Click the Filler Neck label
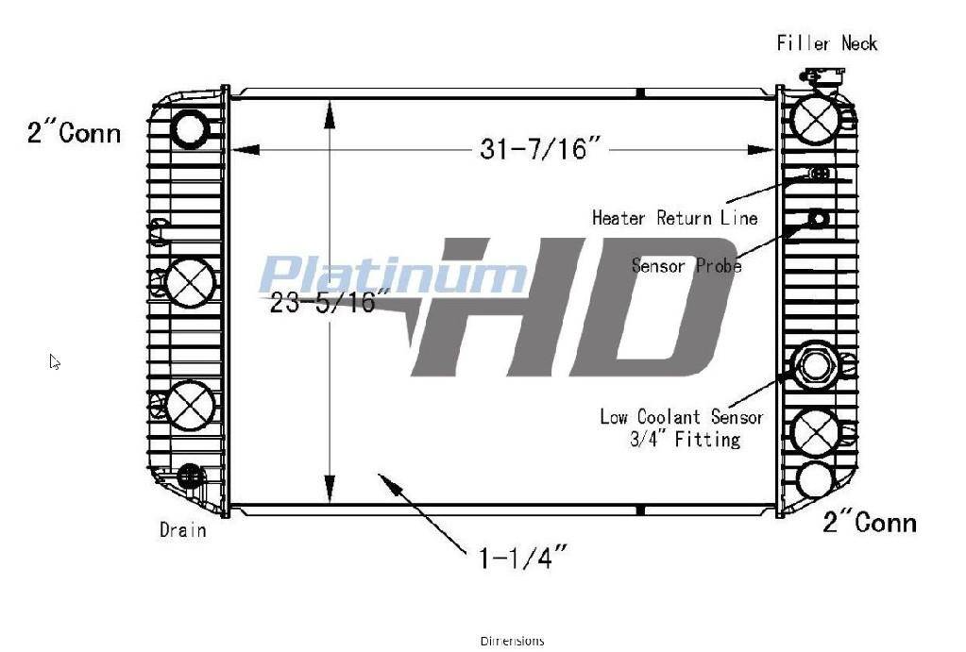(x=827, y=43)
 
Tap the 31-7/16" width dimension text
(x=540, y=149)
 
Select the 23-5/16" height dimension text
(x=330, y=302)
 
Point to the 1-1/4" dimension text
(x=522, y=558)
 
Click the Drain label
(x=182, y=529)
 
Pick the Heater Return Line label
(x=674, y=218)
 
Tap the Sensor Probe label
(x=686, y=266)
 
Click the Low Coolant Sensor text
(x=682, y=417)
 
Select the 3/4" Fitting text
(x=685, y=439)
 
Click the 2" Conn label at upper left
(x=74, y=132)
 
